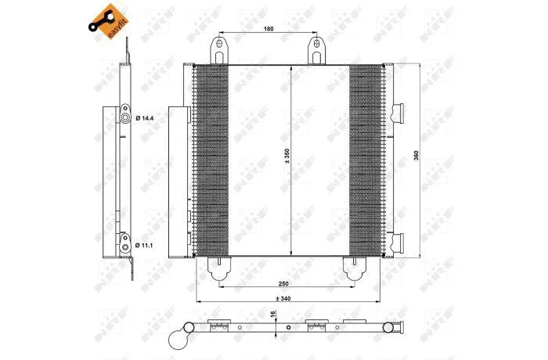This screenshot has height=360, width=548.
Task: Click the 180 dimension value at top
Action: [x=269, y=29]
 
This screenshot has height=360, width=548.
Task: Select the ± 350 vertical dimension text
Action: [x=287, y=157]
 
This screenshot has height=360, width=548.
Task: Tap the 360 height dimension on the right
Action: [x=416, y=155]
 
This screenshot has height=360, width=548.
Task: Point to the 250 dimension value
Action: [x=283, y=283]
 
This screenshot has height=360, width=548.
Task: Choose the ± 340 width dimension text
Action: [x=283, y=298]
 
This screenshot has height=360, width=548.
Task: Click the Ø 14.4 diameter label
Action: [x=145, y=118]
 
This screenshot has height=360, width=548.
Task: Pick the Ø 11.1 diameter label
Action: [x=144, y=246]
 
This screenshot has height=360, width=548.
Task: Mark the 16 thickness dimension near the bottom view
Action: [x=273, y=314]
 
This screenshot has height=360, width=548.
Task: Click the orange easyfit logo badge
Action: [x=109, y=22]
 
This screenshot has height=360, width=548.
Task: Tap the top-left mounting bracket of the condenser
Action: [x=219, y=51]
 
